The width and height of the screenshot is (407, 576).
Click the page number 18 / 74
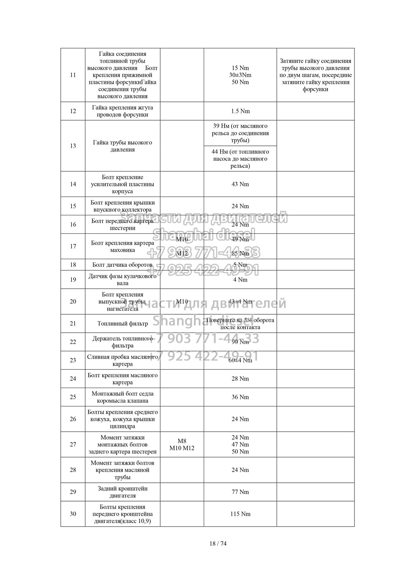point(218,543)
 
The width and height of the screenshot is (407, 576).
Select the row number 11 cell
point(73,75)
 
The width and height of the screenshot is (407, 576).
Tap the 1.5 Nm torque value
point(240,111)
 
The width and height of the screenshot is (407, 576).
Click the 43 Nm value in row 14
point(240,184)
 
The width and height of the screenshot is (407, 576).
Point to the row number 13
point(73,146)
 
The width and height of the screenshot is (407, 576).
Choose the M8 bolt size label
point(182,441)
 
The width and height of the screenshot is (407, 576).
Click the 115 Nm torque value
point(240,514)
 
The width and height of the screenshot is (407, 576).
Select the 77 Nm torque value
point(240,492)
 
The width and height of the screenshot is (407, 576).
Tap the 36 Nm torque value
point(240,397)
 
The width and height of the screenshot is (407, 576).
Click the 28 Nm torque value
point(240,379)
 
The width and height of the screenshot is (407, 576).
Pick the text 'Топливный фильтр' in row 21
point(123,324)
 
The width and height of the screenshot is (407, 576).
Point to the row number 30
point(73,514)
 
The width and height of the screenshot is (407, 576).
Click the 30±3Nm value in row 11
point(240,75)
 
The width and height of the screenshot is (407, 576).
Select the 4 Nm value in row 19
point(240,280)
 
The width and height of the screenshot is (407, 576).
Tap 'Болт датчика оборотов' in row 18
point(123,265)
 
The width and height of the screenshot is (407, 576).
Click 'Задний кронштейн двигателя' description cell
point(123,492)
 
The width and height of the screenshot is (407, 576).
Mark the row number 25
point(73,397)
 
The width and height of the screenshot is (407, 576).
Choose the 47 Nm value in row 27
point(240,445)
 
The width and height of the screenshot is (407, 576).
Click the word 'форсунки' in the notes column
point(315,89)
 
